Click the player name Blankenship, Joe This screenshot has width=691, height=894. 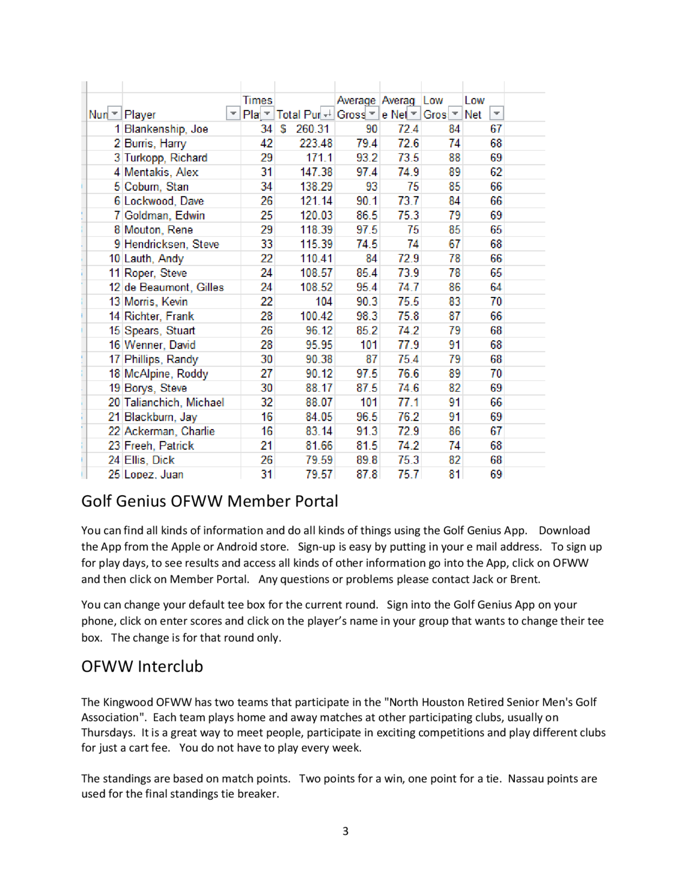coord(166,129)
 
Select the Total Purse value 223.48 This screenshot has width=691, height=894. coord(316,143)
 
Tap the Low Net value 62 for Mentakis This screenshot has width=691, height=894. coord(496,172)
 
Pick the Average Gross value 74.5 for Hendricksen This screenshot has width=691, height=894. coord(366,244)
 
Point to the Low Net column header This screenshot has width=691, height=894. coord(474,107)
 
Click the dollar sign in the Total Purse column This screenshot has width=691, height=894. coord(283,129)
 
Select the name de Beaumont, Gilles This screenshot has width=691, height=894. coord(174,287)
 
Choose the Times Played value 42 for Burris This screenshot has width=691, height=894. coord(266,143)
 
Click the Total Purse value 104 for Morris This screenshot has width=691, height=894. coord(323,302)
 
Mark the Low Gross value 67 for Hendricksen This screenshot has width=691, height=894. coord(454,244)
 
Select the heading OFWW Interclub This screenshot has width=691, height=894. coord(142,666)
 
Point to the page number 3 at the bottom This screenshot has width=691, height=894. coord(345,831)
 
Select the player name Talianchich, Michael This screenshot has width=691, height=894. coord(174,402)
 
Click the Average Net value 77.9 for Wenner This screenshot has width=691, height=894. coord(408,345)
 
